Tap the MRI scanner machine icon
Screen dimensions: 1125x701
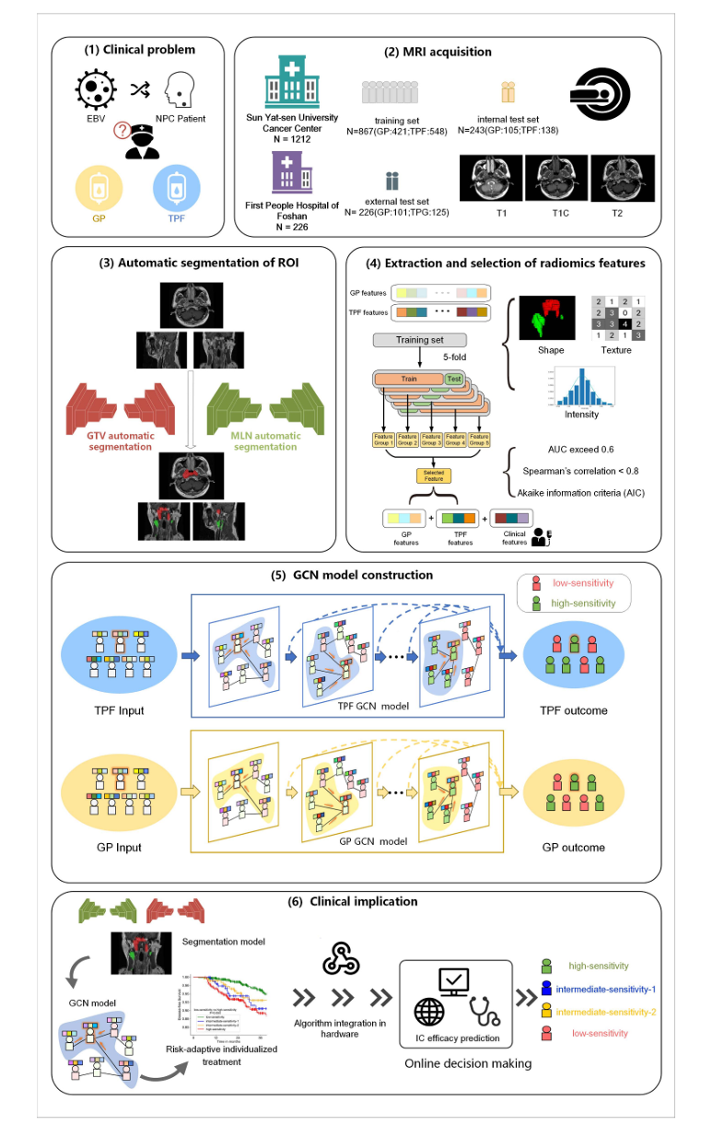(602, 91)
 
